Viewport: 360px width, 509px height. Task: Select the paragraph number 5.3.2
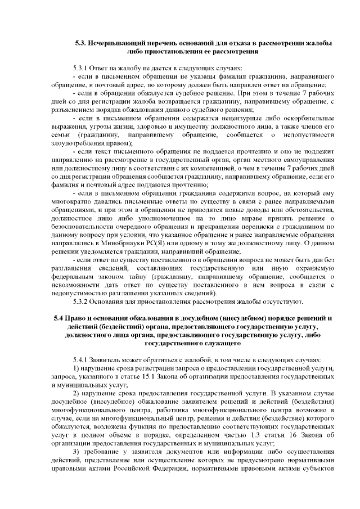coord(81,301)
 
